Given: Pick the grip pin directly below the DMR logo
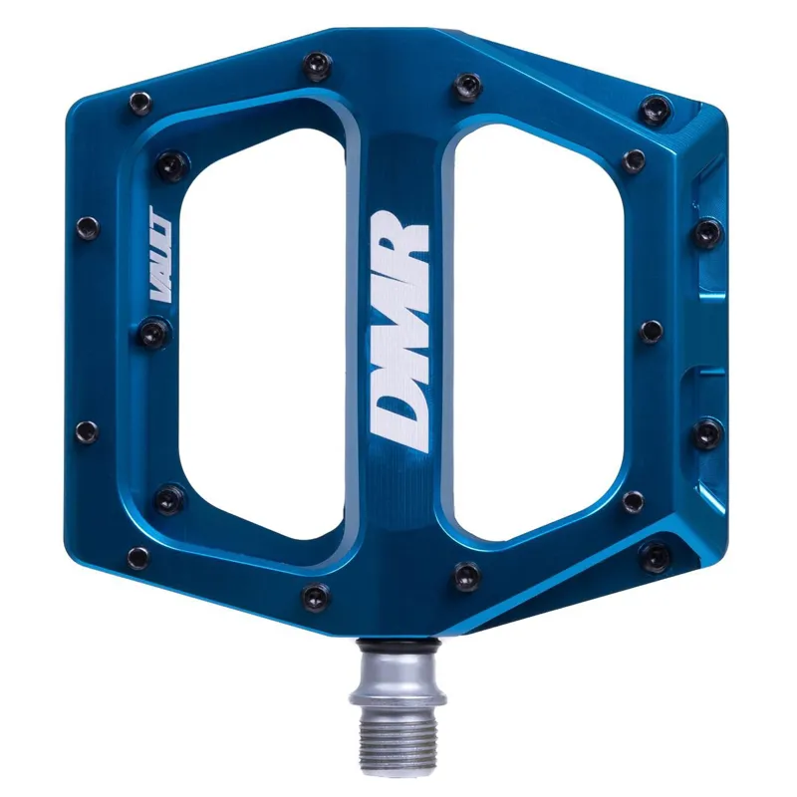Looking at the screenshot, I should [465, 573].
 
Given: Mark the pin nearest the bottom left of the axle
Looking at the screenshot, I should [315, 597].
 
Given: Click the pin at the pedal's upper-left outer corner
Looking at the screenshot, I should [137, 101].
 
